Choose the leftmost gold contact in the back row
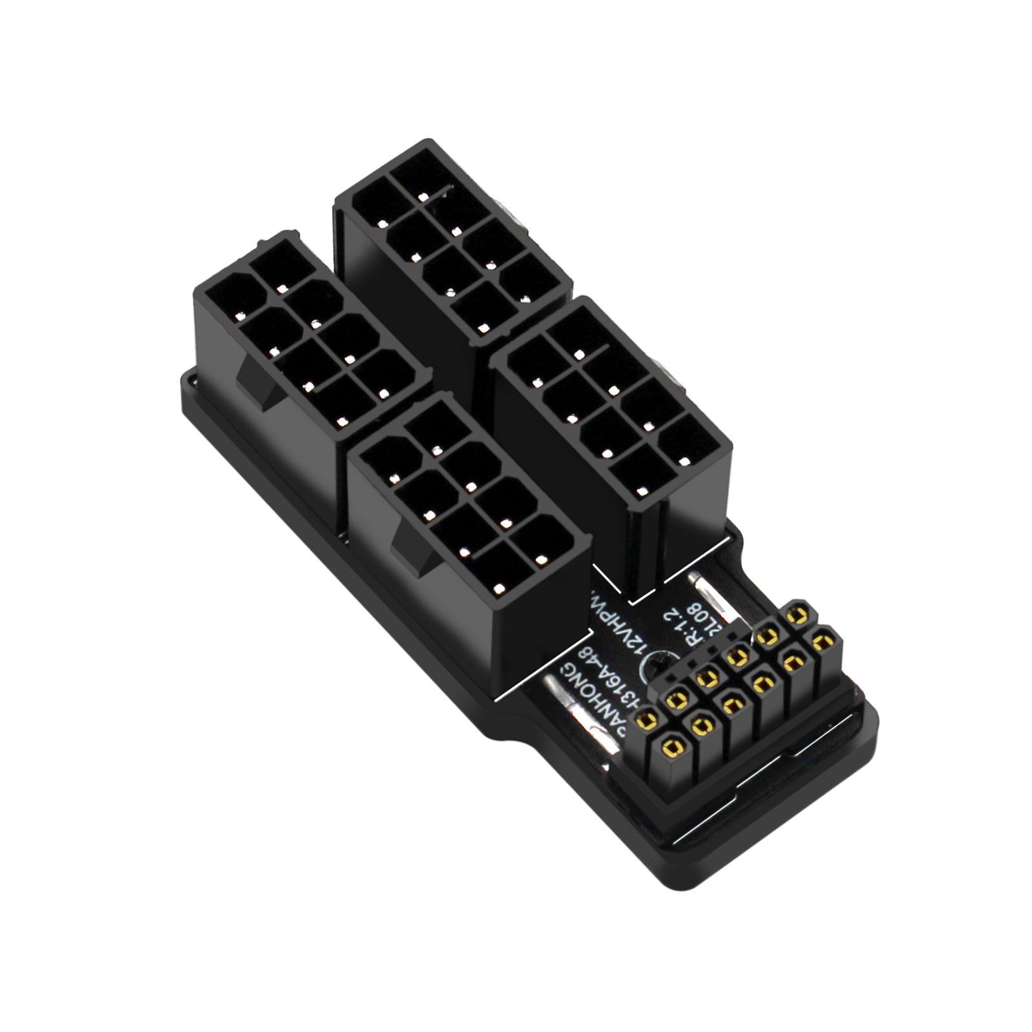(648, 718)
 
